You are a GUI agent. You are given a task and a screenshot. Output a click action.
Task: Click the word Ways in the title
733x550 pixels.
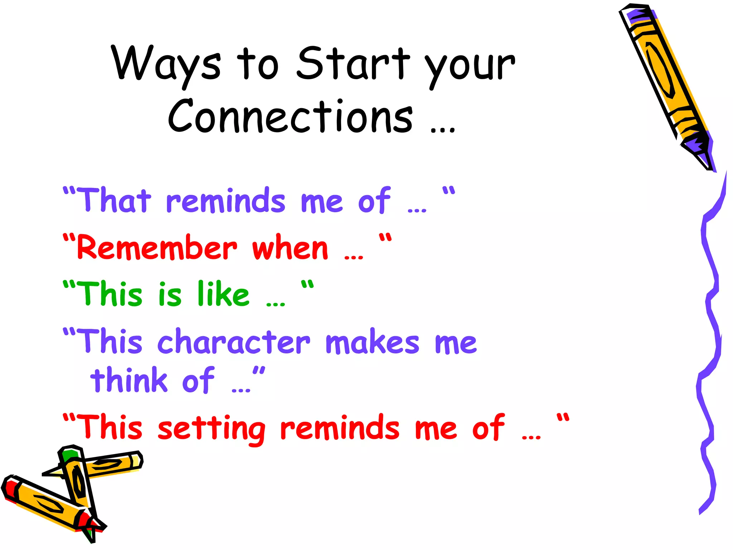[x=166, y=64]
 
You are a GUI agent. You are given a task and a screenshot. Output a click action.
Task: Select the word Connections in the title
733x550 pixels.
[x=290, y=116]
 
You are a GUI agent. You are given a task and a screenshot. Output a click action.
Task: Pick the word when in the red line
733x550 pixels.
[x=290, y=248]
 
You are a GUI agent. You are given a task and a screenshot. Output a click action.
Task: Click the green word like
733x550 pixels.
[x=223, y=294]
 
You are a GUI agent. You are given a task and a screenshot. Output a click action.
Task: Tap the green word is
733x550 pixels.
[x=170, y=294]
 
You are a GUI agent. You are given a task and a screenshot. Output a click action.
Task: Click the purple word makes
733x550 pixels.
[x=372, y=342]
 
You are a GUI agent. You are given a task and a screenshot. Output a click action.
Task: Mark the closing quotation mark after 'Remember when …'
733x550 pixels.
[x=385, y=238]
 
